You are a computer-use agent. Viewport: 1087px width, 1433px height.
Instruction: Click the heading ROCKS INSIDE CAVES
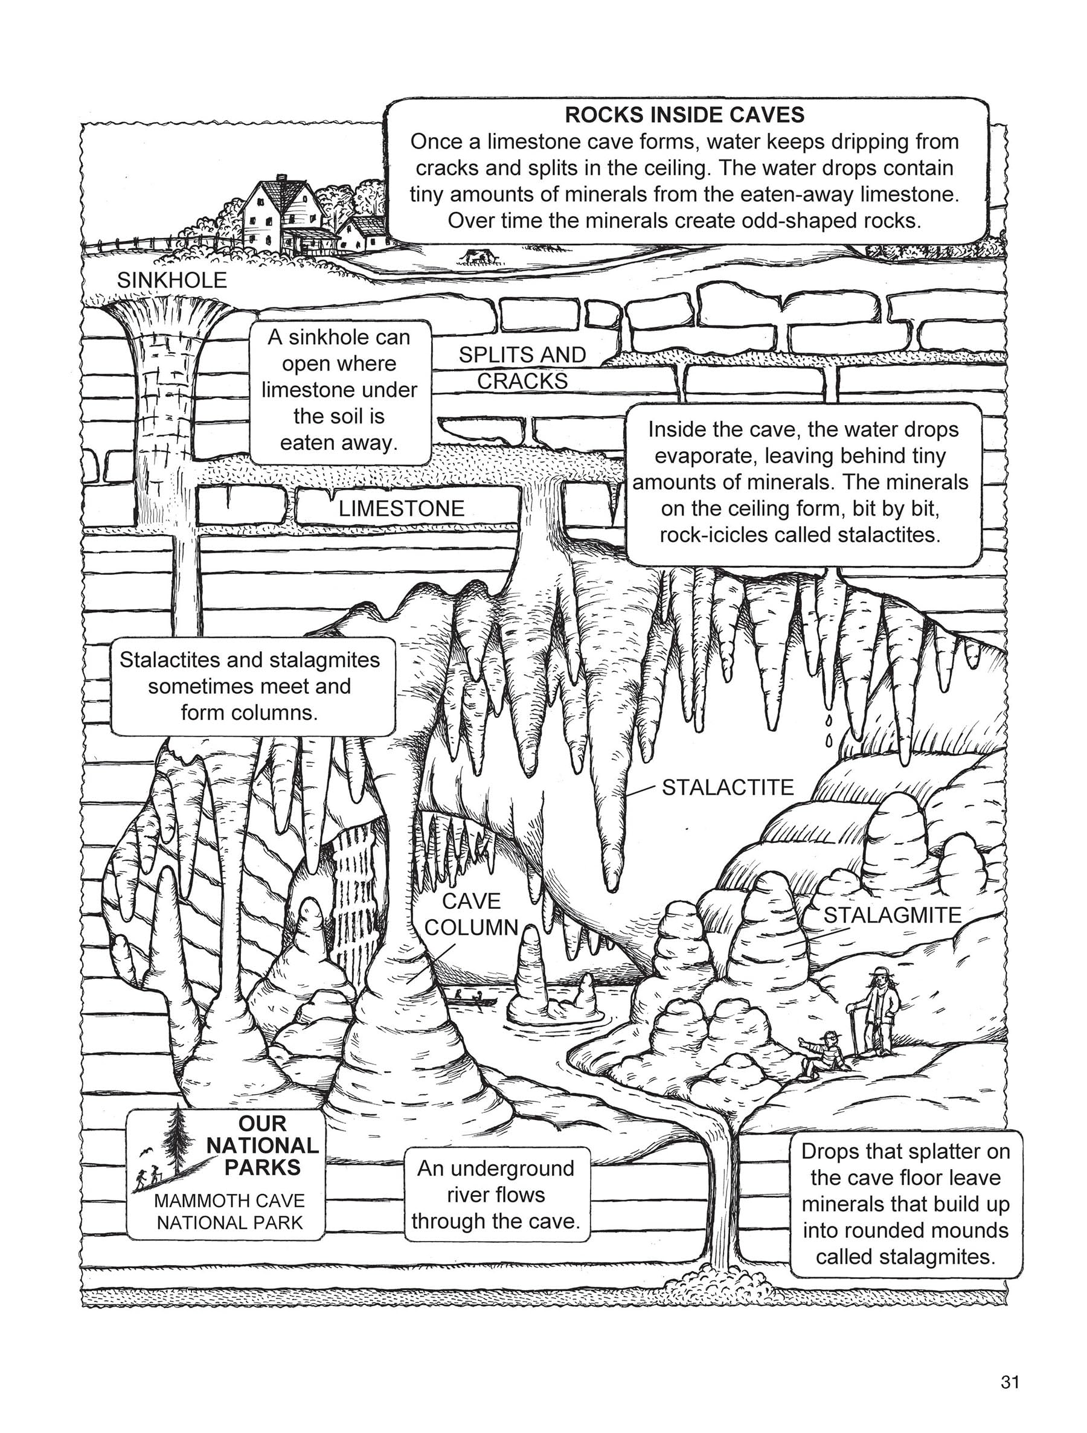click(x=684, y=115)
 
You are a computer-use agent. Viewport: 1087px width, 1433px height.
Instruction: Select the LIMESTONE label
click(x=401, y=508)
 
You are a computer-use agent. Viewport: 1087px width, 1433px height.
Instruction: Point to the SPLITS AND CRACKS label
click(x=522, y=368)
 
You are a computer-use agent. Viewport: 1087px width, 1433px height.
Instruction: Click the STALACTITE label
click(x=728, y=787)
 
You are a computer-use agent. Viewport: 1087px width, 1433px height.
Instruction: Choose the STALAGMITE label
click(x=892, y=915)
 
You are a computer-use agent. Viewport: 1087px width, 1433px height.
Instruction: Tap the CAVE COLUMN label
click(x=471, y=914)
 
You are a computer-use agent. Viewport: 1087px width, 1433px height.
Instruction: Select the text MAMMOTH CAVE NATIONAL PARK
click(x=229, y=1211)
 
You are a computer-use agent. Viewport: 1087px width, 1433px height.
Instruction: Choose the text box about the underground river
click(x=497, y=1194)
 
